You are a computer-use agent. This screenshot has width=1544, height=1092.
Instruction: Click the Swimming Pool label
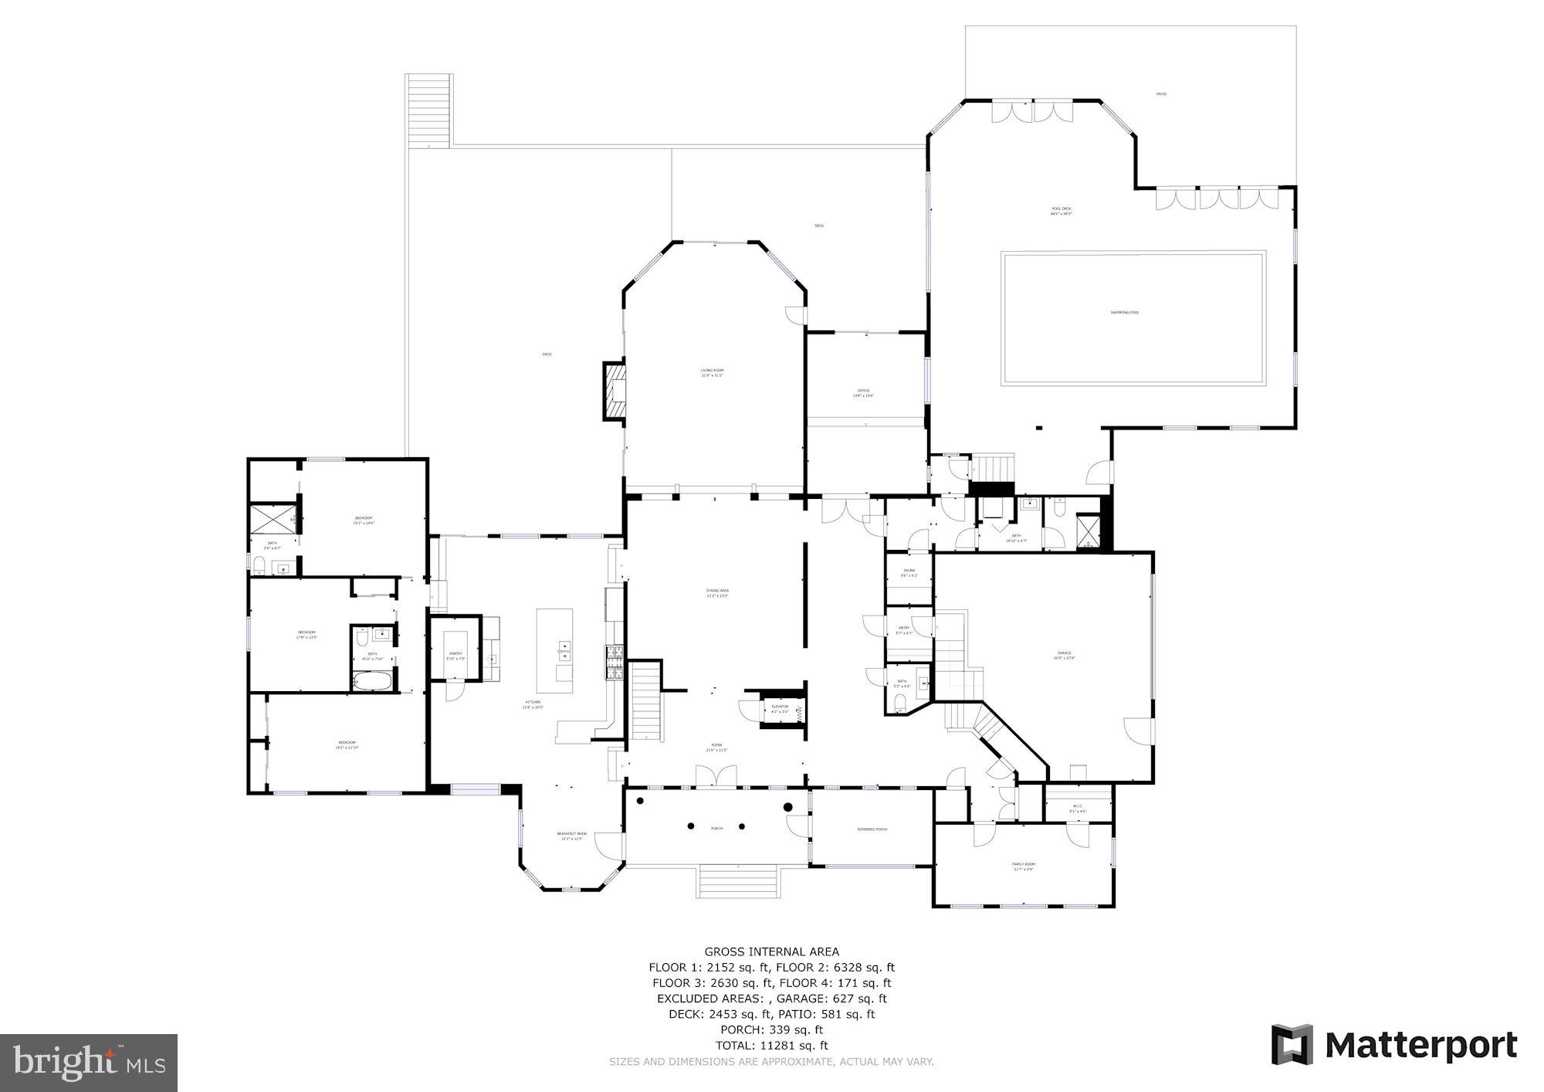(x=1124, y=312)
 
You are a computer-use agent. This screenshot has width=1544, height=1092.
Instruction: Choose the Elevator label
(x=780, y=707)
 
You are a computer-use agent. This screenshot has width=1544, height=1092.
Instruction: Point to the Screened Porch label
(x=872, y=829)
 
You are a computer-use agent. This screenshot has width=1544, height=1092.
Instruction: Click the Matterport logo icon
(x=1292, y=1045)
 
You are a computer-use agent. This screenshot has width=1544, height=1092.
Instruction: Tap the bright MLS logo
(x=89, y=1063)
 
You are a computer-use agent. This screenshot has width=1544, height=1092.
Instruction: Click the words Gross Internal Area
(x=771, y=951)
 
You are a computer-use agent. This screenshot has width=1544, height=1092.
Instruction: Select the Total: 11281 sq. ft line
(x=771, y=1045)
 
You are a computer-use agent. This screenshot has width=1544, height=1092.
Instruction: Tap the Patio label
(x=1161, y=94)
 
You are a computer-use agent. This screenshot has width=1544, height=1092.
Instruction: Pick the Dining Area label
(x=717, y=592)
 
